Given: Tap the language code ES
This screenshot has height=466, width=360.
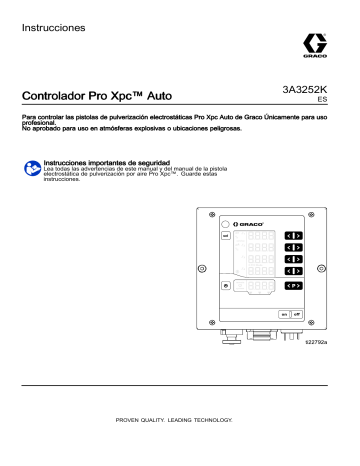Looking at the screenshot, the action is (x=321, y=101).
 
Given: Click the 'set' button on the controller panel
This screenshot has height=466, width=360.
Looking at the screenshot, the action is (x=226, y=236).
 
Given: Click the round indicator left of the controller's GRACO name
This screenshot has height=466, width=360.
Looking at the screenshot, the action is (x=227, y=222).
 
